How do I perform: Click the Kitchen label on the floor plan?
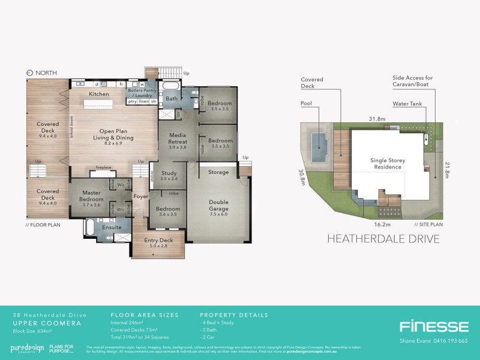[99, 94]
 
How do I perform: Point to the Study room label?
[169, 173]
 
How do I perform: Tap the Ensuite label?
[112, 227]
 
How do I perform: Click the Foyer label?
[140, 196]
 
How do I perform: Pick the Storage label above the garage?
[218, 172]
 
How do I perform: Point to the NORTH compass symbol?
[30, 73]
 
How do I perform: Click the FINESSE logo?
[434, 327]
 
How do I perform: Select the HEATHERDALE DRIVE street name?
[383, 239]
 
